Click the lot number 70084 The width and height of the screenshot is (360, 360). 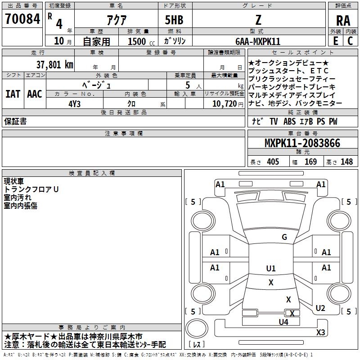(22, 19)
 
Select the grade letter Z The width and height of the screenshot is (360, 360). (258, 20)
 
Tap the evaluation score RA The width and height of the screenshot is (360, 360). (343, 21)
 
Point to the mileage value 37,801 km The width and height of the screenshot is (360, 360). (55, 65)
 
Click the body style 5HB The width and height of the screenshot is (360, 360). (174, 20)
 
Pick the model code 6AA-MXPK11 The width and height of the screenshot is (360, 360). (258, 41)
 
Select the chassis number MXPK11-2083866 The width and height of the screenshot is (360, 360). (302, 143)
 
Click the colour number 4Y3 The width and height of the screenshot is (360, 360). (74, 104)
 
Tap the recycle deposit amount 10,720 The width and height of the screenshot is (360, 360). (225, 104)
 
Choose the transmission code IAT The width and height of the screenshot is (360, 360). (13, 94)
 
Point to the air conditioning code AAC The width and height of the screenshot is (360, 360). (35, 94)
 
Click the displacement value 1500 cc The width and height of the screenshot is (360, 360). (141, 41)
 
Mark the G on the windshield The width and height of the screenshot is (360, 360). (284, 237)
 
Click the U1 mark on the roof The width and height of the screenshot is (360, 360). (271, 268)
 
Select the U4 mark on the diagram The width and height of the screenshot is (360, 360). (283, 322)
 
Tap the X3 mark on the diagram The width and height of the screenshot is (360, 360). (320, 332)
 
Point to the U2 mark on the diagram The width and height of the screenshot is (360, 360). (320, 308)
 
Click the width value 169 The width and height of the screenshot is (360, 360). (310, 162)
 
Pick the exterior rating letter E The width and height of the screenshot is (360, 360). (336, 41)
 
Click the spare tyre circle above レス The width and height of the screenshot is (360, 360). (197, 328)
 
